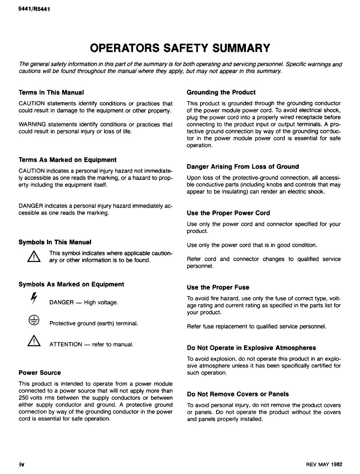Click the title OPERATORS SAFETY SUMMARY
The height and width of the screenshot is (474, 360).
[180, 48]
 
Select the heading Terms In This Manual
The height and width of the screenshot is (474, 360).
[51, 92]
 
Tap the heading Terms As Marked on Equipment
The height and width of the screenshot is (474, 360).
[67, 160]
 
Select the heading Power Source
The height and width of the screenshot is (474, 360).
[39, 373]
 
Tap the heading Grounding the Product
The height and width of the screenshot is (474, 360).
[221, 92]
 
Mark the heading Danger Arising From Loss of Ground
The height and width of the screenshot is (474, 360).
[243, 167]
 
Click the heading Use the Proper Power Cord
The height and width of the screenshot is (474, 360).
[229, 213]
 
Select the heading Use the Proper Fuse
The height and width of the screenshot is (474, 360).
[218, 287]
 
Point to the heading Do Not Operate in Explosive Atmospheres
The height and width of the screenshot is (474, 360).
[251, 348]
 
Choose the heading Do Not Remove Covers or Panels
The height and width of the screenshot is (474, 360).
[238, 394]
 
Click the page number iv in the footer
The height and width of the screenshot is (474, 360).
[22, 465]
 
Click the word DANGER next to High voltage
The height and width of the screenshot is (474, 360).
[61, 302]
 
